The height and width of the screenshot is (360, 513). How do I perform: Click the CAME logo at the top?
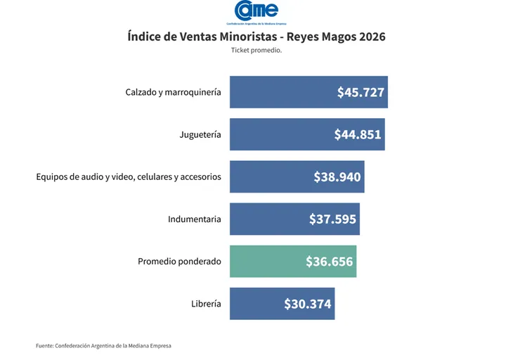pyautogui.click(x=256, y=12)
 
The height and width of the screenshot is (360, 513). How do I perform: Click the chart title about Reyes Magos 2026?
pyautogui.click(x=256, y=37)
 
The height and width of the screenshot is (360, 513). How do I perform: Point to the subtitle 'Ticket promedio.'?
pyautogui.click(x=256, y=51)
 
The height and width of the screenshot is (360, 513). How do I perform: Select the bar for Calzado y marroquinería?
pyautogui.click(x=281, y=92)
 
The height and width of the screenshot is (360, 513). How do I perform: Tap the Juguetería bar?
pyautogui.click(x=281, y=134)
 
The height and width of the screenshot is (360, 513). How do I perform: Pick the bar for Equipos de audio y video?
pyautogui.click(x=271, y=176)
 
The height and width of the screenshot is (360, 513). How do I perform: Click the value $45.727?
pyautogui.click(x=361, y=92)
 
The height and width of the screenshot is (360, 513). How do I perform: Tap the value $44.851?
pyautogui.click(x=358, y=134)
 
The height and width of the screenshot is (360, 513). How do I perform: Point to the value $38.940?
pyautogui.click(x=337, y=177)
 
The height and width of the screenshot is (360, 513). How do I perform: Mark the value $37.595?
pyautogui.click(x=332, y=219)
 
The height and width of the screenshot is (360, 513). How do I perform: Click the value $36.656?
pyautogui.click(x=329, y=262)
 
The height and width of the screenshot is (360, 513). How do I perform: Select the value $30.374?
pyautogui.click(x=308, y=304)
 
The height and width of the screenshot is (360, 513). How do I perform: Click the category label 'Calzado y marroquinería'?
pyautogui.click(x=173, y=92)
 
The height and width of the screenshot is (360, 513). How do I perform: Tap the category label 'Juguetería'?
pyautogui.click(x=200, y=134)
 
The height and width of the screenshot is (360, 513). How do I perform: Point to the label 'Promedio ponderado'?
pyautogui.click(x=179, y=262)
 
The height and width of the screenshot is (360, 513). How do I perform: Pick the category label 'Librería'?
pyautogui.click(x=206, y=304)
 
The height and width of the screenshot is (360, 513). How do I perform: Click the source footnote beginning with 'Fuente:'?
pyautogui.click(x=103, y=345)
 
